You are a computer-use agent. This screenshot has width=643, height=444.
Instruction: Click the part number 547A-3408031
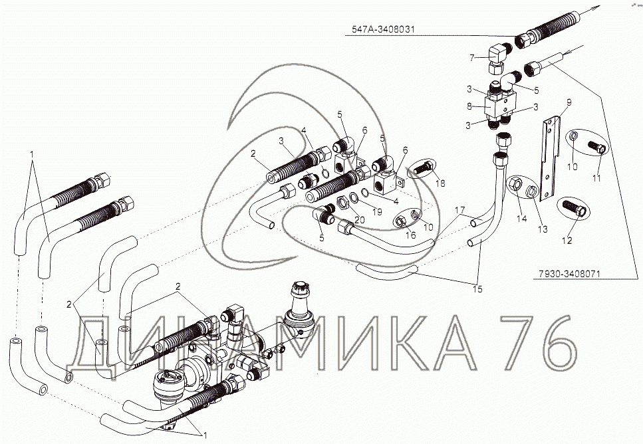[x=383, y=29]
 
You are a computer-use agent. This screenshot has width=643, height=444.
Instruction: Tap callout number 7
[x=472, y=58]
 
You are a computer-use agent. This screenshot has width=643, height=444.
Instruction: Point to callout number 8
[x=470, y=106]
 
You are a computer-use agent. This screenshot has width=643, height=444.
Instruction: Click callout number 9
[x=569, y=102]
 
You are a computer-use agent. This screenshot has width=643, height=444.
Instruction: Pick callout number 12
[x=567, y=241]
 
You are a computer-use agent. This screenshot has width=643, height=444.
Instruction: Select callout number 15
[x=477, y=289]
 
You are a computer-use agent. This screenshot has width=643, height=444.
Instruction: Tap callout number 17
[x=460, y=210]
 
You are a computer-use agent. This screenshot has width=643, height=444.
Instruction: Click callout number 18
[x=440, y=183]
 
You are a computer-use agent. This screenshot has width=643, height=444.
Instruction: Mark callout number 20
[x=359, y=220]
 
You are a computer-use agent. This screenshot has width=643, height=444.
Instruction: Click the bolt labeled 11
[x=596, y=146]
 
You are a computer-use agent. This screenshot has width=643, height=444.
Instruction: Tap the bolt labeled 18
[x=422, y=167]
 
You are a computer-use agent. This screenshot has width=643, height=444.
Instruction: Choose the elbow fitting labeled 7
[x=499, y=58]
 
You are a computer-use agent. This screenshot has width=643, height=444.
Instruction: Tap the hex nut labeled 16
[x=401, y=221]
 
